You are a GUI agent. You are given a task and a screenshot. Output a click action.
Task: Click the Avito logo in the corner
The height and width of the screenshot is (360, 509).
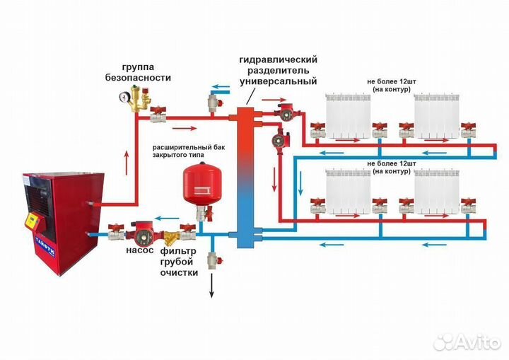(x=467, y=342)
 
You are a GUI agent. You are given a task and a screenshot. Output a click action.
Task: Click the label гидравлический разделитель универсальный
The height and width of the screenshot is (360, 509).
(x=278, y=71)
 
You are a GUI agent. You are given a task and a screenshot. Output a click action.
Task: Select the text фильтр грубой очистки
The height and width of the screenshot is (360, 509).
(x=180, y=261)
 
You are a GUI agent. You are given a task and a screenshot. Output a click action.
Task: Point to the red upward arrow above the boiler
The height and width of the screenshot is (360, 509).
(x=127, y=162)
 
